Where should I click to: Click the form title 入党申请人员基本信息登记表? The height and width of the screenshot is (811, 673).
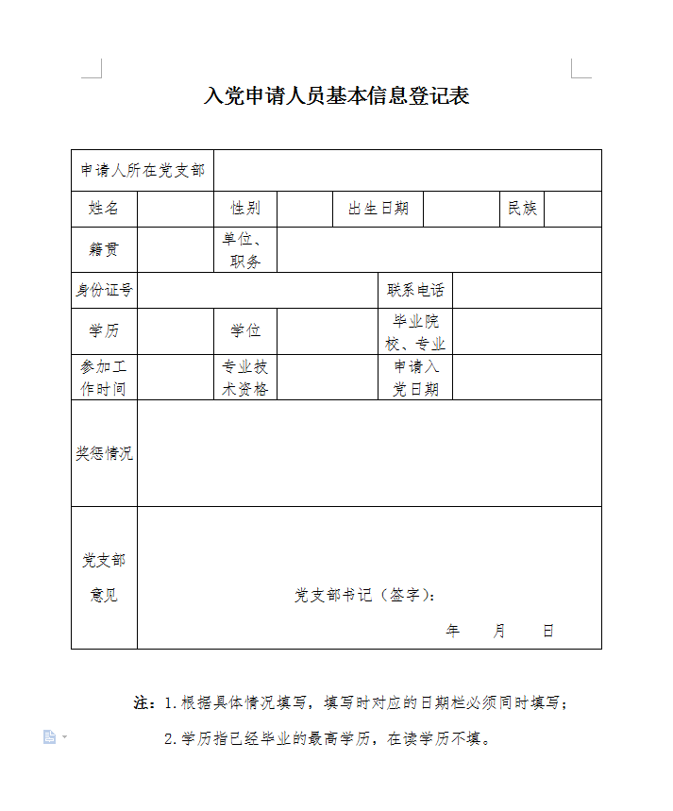tap(336, 96)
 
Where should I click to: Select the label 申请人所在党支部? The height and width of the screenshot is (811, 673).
tap(143, 171)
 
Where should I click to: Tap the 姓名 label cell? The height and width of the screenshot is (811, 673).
tap(104, 209)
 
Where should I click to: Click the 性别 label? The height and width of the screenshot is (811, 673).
tap(245, 209)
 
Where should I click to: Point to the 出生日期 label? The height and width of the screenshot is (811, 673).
tap(379, 209)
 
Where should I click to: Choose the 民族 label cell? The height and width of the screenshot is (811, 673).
tap(522, 209)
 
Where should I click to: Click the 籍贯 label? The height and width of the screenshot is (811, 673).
tap(104, 250)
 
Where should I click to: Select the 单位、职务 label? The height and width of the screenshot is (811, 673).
tap(245, 250)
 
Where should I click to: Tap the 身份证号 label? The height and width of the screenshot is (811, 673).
tap(104, 291)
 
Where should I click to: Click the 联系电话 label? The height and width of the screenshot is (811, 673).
tap(415, 291)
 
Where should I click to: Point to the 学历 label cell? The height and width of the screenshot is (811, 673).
tap(104, 331)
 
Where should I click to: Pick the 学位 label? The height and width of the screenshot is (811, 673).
tap(245, 331)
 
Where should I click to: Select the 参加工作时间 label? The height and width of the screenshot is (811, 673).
tap(104, 378)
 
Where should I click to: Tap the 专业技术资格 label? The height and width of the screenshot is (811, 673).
tap(245, 378)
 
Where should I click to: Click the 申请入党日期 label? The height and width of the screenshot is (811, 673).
tap(415, 378)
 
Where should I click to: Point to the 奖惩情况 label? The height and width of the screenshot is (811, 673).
tap(104, 453)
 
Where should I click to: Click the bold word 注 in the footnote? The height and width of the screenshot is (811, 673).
tap(143, 703)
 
